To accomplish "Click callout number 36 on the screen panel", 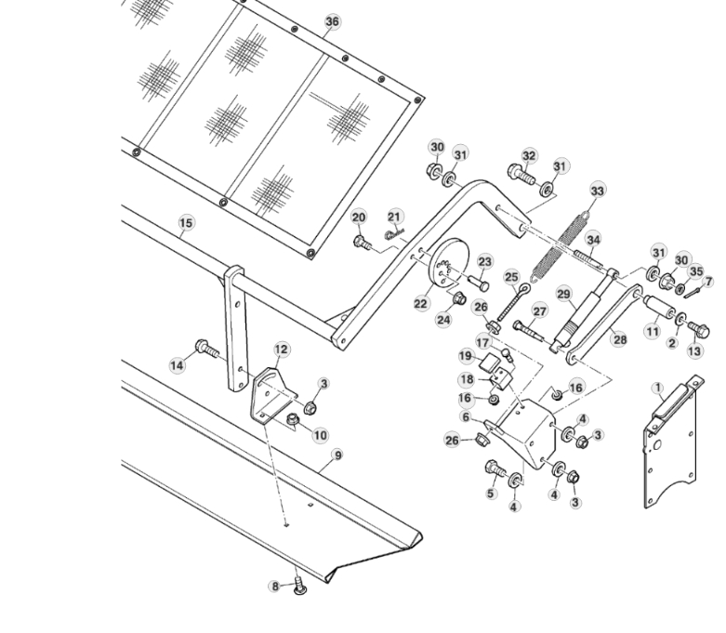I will click(x=332, y=22).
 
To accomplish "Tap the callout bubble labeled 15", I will click(x=186, y=223).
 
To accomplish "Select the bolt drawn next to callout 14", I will click(x=205, y=349).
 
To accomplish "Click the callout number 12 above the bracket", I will click(x=281, y=349).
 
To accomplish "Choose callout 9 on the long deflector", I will click(x=337, y=455).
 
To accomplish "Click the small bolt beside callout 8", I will click(x=299, y=585).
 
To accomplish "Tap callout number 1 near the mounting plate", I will click(x=657, y=388).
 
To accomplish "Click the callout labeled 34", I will click(x=593, y=240).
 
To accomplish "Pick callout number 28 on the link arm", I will click(x=619, y=340).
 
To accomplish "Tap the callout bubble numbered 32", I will click(x=529, y=155).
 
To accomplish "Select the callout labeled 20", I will click(x=359, y=217).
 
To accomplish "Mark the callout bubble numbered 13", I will click(x=695, y=351).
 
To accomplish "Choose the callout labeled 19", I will click(x=466, y=356).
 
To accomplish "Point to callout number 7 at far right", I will click(x=709, y=281).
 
